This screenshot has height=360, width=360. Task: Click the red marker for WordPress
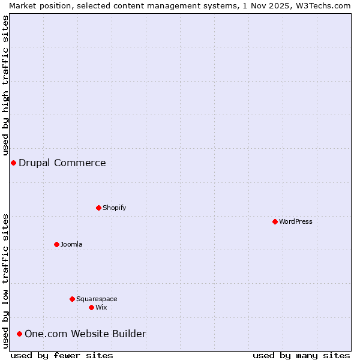click(x=275, y=221)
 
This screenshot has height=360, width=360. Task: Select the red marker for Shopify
click(x=98, y=208)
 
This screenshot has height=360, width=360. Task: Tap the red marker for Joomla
click(x=56, y=244)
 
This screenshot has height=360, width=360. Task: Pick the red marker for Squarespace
click(x=72, y=299)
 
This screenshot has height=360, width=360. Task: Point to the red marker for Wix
click(x=91, y=307)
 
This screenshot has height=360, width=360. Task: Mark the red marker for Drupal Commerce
click(x=13, y=163)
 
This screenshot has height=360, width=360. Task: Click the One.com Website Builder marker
click(x=19, y=334)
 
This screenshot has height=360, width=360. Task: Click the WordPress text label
click(x=296, y=221)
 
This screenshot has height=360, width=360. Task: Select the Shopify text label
click(x=114, y=208)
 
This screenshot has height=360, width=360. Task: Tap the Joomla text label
click(x=71, y=244)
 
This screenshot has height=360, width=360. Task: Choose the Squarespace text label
click(x=97, y=299)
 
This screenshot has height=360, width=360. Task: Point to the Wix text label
click(x=101, y=307)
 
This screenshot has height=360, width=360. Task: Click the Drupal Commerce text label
click(x=62, y=163)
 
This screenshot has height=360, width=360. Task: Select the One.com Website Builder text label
click(x=85, y=334)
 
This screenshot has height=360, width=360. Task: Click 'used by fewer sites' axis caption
click(x=62, y=355)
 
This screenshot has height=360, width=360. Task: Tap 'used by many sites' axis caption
click(x=301, y=355)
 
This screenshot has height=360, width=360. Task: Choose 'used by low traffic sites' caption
click(x=6, y=281)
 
